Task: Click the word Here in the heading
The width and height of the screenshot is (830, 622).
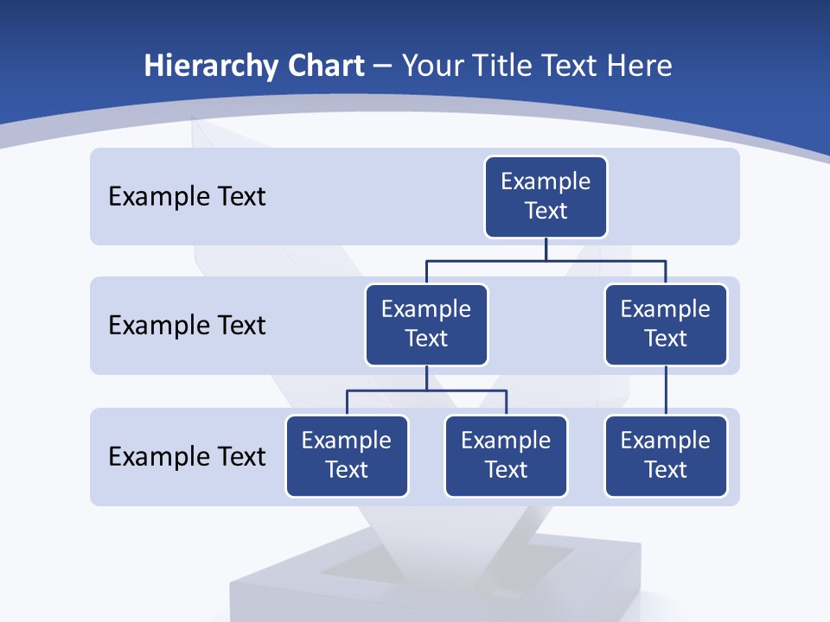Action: click(639, 67)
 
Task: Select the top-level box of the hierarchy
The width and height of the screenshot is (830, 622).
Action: click(546, 197)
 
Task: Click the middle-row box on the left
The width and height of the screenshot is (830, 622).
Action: click(426, 325)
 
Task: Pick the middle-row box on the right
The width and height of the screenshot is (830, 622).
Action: click(666, 325)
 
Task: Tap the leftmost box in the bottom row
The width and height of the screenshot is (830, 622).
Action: click(347, 456)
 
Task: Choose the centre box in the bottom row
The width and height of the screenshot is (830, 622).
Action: click(506, 456)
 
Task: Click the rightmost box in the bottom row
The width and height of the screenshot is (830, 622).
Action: click(666, 456)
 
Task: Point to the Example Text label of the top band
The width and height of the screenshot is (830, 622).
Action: click(187, 197)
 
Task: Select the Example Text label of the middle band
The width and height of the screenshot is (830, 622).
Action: click(187, 326)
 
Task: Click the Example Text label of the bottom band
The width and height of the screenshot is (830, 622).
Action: click(187, 456)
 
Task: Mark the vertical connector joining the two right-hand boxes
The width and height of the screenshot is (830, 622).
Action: click(666, 390)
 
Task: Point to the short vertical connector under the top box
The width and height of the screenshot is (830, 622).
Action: click(546, 249)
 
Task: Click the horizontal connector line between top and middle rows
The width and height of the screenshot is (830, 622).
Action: click(546, 260)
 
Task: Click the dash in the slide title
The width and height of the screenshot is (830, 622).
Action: click(383, 67)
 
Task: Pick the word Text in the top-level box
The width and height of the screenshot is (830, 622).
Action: click(546, 211)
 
